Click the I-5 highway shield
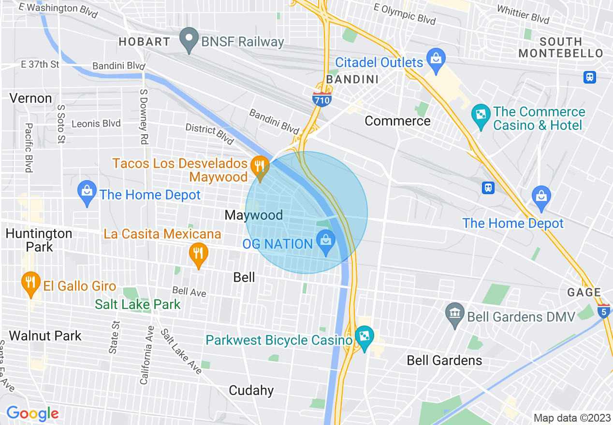tap(604, 311)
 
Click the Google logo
tap(32, 413)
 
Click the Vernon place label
tap(30, 99)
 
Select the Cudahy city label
tap(251, 390)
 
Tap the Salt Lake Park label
tap(138, 304)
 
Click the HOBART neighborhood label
tap(145, 42)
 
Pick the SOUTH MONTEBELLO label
tap(561, 47)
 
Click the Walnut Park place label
tap(45, 336)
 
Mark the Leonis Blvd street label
tap(96, 124)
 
